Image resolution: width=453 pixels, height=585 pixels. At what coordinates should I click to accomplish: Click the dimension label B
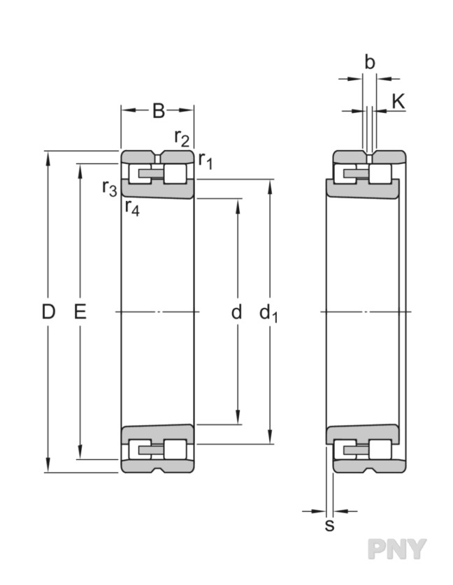click(x=159, y=110)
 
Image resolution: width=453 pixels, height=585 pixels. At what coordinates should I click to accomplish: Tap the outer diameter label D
click(x=48, y=312)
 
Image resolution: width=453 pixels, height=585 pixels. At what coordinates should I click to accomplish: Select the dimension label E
click(x=80, y=312)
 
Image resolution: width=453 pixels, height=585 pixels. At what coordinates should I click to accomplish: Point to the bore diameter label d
click(x=236, y=312)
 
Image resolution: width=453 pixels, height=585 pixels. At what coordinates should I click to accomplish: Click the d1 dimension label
click(x=268, y=313)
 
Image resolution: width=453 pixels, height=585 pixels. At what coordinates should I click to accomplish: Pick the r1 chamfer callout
click(x=206, y=161)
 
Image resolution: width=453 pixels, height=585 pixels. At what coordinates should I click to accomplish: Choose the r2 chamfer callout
click(x=182, y=138)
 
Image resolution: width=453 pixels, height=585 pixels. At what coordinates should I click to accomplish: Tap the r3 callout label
click(x=110, y=188)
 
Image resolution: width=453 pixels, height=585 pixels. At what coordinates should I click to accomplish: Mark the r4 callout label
click(x=132, y=207)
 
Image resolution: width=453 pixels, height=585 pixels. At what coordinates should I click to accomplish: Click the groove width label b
click(x=369, y=63)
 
